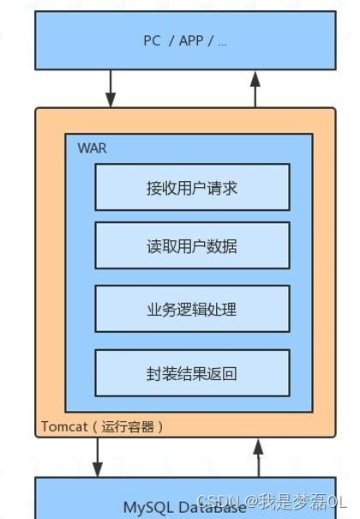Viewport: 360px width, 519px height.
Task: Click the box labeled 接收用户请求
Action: (192, 187)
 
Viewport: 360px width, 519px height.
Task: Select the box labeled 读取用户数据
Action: (192, 245)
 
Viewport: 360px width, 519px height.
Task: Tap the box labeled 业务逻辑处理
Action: (192, 309)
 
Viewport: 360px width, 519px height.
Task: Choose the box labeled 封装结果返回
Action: (192, 372)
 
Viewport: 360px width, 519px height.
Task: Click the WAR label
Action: (92, 148)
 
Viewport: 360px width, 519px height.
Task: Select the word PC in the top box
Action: (152, 40)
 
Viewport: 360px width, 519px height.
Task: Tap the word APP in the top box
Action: (191, 40)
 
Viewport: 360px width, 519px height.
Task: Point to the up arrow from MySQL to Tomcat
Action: (257, 457)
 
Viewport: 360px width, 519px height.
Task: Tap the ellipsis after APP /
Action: (223, 41)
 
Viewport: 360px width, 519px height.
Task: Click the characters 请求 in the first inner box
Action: (222, 187)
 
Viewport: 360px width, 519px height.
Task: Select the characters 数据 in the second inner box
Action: (222, 245)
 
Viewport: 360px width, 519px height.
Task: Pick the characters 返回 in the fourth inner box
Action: (222, 372)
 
